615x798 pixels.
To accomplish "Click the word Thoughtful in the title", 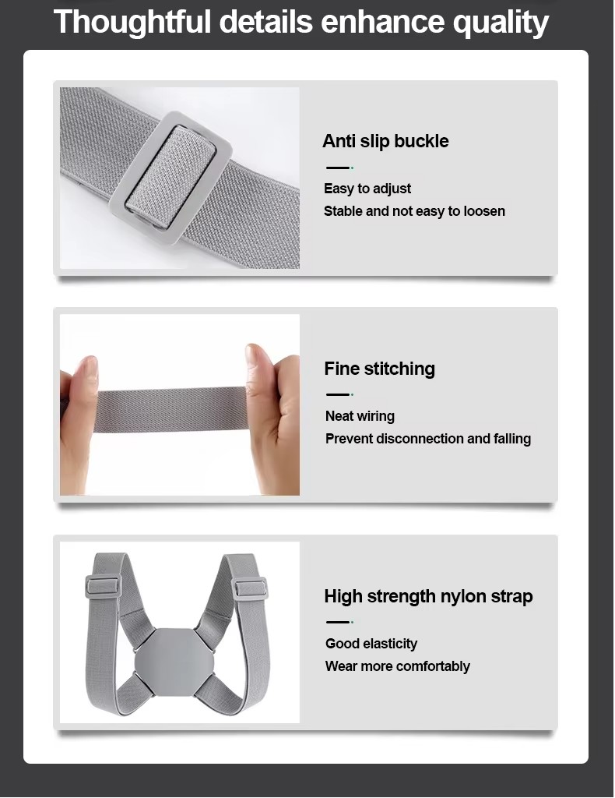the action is (x=132, y=21).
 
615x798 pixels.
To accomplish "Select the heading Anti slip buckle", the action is (x=385, y=141).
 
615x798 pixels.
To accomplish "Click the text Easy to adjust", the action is (x=367, y=189).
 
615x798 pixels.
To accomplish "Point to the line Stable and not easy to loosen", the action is (x=414, y=210).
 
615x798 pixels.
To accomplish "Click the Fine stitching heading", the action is (x=379, y=369).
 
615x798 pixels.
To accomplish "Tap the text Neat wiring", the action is (x=360, y=416).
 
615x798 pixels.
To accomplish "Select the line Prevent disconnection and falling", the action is (x=428, y=438).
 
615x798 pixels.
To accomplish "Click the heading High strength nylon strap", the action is (x=428, y=596).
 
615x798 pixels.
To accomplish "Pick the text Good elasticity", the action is (x=371, y=643).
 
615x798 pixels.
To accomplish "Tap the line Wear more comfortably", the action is (x=398, y=666).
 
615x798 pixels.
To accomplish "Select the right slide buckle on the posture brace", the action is (x=249, y=588).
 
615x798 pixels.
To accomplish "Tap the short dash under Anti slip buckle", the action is (x=339, y=168).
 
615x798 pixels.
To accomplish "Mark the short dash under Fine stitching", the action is (x=339, y=394).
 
